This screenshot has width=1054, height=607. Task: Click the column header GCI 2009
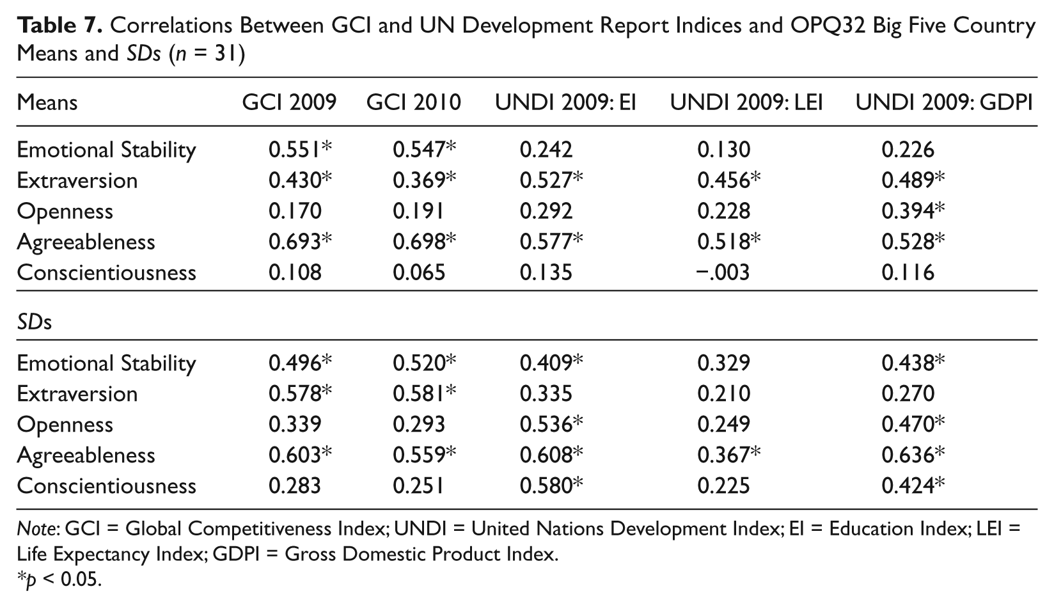point(289,102)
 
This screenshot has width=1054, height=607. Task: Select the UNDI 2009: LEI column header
point(747,102)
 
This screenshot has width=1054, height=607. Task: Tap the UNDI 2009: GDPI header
point(944,102)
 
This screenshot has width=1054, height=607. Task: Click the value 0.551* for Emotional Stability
point(300,150)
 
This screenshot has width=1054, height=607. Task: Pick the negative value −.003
point(723,272)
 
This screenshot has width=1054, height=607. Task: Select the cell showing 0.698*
point(425,242)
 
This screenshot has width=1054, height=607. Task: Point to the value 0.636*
point(913,455)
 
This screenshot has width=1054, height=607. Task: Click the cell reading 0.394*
point(913,211)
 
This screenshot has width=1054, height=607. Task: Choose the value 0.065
point(419,272)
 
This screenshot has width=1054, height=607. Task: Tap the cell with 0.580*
point(551,485)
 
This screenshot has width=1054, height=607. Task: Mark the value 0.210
point(724,394)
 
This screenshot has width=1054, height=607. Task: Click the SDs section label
point(34,322)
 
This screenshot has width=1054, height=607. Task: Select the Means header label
point(47,102)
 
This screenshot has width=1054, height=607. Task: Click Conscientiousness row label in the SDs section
point(106,485)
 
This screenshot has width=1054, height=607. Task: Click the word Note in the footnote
point(36,529)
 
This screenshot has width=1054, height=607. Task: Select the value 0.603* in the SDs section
point(300,455)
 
